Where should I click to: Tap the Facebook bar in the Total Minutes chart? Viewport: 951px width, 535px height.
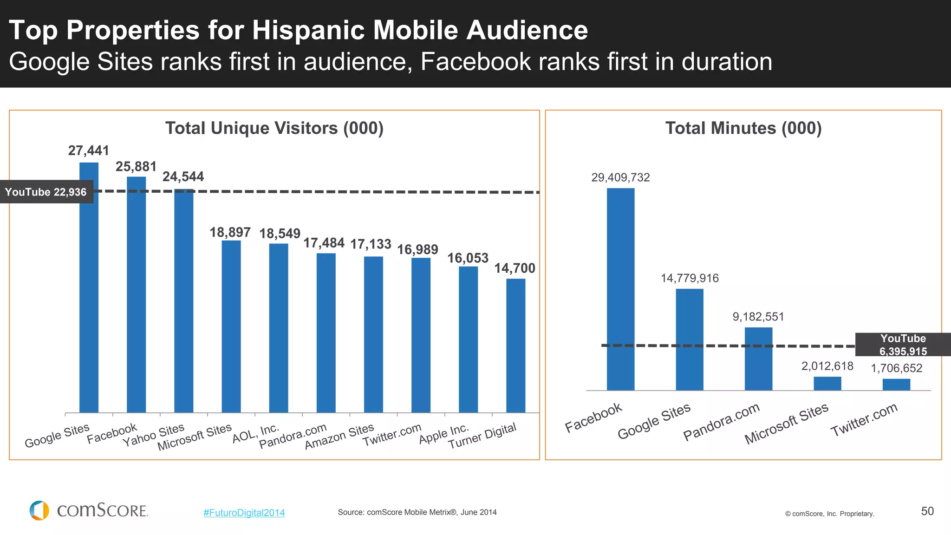click(620, 289)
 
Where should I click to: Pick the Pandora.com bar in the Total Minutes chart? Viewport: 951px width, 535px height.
click(758, 359)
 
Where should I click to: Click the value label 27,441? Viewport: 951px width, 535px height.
click(89, 150)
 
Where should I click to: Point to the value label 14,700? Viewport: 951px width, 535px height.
click(515, 268)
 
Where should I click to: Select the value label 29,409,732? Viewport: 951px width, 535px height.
click(620, 177)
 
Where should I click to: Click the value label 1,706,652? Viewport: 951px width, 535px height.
click(896, 368)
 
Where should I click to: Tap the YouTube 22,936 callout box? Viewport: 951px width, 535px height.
click(46, 192)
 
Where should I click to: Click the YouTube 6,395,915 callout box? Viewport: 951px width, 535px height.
click(903, 345)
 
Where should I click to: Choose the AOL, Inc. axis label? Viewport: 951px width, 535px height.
click(255, 433)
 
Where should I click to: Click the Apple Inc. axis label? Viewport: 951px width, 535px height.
click(443, 434)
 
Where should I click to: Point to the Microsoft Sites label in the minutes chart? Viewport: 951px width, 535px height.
click(786, 423)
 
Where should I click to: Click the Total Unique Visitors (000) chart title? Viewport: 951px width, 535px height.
click(274, 128)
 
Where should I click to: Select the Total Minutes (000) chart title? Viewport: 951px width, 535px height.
click(743, 128)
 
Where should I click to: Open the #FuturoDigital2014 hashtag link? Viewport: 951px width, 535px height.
click(244, 513)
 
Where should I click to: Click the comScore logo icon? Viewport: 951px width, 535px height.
click(39, 510)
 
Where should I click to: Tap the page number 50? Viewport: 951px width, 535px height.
click(927, 511)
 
